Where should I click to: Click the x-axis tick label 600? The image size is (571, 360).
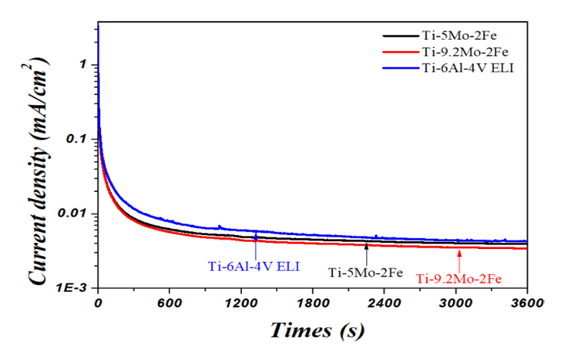(x=168, y=302)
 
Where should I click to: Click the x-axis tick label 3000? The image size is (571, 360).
(x=455, y=302)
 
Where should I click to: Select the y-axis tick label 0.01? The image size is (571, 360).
(x=77, y=214)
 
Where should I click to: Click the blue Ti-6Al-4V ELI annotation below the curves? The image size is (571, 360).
(x=254, y=267)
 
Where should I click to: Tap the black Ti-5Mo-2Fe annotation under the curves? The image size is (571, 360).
(x=367, y=271)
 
